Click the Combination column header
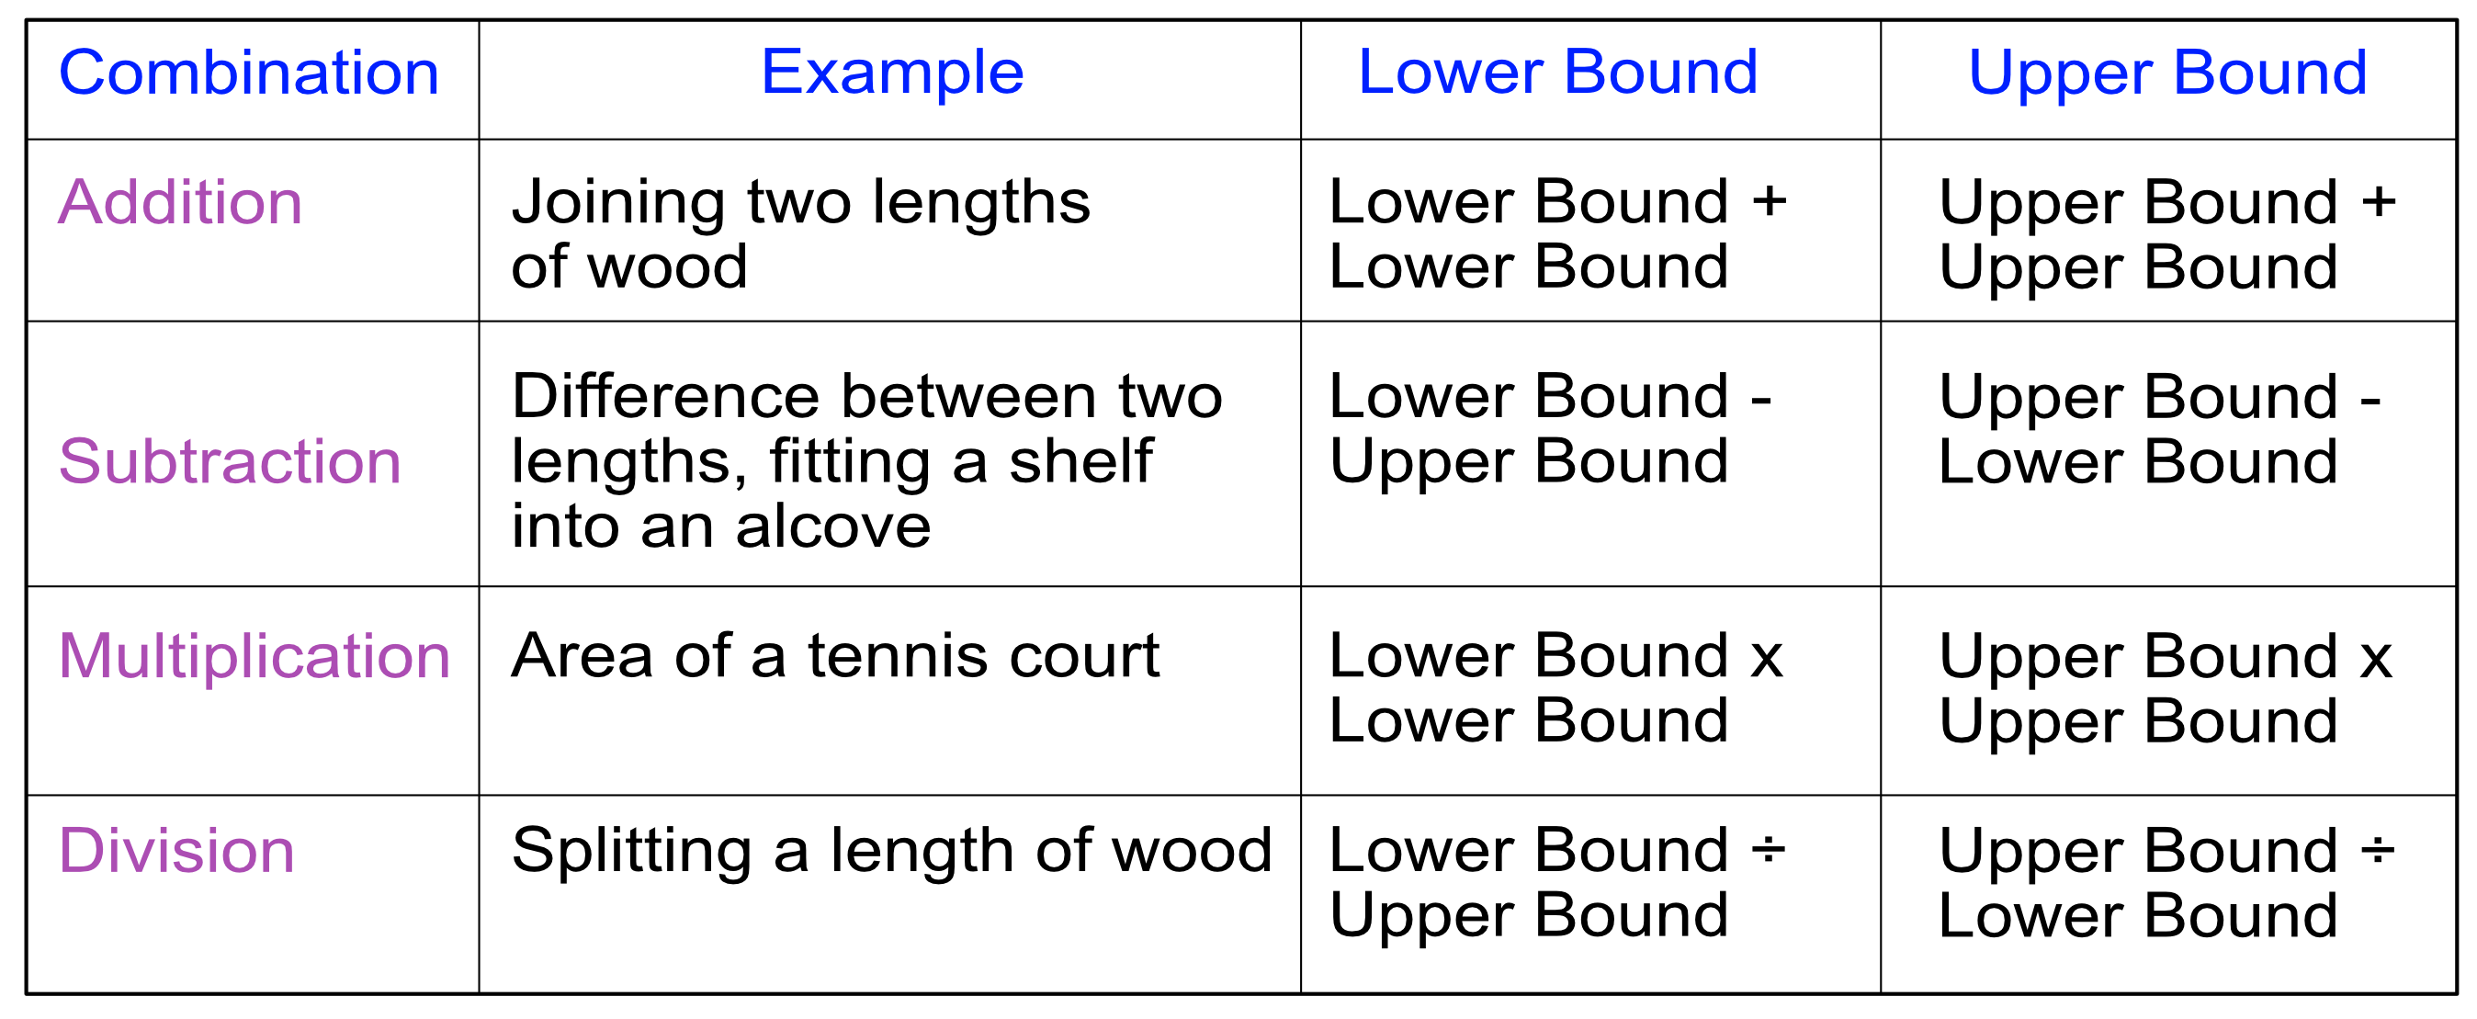[x=249, y=74]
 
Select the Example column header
[x=891, y=74]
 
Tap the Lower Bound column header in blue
[x=1556, y=74]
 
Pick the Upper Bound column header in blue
[x=2166, y=74]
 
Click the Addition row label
[x=180, y=203]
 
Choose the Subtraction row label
[x=229, y=461]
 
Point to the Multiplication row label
[x=254, y=657]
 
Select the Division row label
[x=176, y=851]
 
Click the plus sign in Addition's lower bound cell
[x=1769, y=203]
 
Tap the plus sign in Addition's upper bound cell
[x=2378, y=203]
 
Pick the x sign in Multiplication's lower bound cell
[x=1768, y=660]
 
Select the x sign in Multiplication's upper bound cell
[x=2376, y=660]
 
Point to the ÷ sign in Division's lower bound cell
[x=1769, y=850]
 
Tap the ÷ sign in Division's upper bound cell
[x=2378, y=850]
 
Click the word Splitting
[x=631, y=853]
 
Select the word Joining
[x=617, y=204]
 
